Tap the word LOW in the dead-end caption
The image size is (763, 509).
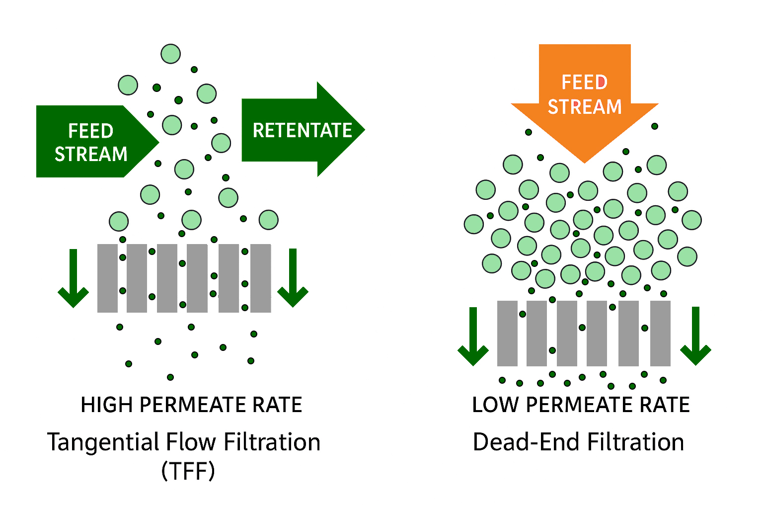[495, 405]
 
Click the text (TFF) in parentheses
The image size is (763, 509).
[188, 470]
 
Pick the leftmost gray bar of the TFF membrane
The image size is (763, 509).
[107, 278]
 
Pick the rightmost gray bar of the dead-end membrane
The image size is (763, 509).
[660, 334]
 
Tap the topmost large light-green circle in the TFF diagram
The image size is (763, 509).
[170, 54]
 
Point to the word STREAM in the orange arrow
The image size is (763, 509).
[585, 107]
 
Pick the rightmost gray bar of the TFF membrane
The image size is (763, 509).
[261, 278]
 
